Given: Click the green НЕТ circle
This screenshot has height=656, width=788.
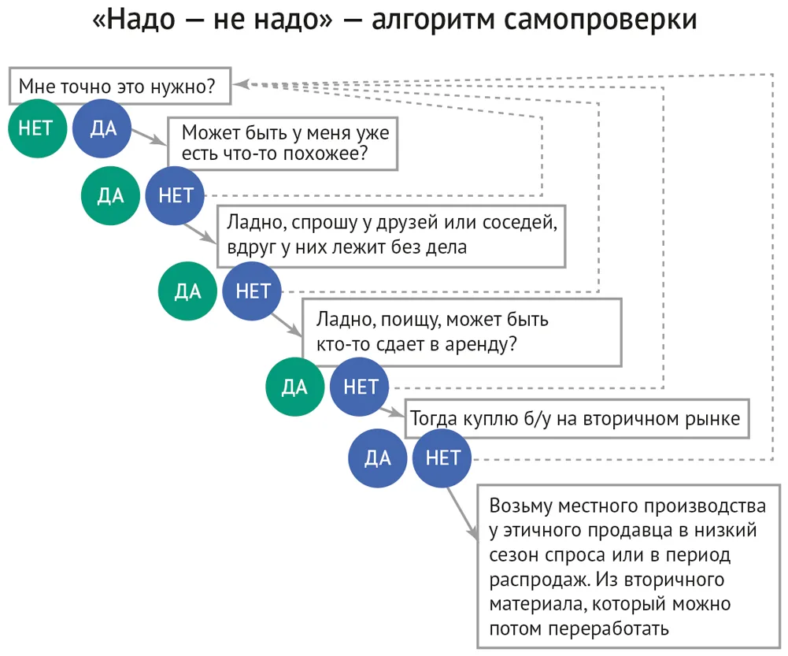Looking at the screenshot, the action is tap(37, 128).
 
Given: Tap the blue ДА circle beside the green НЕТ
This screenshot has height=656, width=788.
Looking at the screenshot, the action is tap(102, 128).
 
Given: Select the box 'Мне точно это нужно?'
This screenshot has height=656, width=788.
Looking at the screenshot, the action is tap(120, 86).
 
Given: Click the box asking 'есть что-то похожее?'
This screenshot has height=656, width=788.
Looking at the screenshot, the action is tap(283, 144).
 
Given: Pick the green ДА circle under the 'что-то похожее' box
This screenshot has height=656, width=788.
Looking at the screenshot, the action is tap(110, 195).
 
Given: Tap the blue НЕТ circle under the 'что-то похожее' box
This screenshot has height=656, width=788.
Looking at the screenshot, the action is tap(175, 195).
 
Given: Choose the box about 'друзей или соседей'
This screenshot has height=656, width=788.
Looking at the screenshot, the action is tap(391, 235).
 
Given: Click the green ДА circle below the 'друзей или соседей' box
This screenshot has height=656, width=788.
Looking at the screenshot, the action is tap(187, 291).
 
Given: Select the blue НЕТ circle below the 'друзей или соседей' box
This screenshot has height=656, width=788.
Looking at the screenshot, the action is tap(252, 291).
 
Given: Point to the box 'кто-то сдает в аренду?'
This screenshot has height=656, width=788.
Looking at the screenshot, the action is tap(462, 332).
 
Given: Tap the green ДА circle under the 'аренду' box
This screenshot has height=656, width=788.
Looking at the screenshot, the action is tap(295, 387).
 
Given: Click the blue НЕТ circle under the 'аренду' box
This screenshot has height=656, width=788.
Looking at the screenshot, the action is tap(359, 387).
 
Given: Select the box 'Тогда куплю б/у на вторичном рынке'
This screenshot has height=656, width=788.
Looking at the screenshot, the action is tap(577, 419).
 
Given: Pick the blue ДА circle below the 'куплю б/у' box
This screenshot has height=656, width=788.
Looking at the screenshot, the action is tap(377, 458).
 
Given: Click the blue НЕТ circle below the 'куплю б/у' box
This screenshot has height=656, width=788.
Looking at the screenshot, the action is tap(442, 458).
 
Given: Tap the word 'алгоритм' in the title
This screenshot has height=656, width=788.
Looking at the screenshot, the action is tap(433, 20).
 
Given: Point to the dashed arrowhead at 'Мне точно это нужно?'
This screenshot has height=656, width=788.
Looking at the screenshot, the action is tap(242, 84).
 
